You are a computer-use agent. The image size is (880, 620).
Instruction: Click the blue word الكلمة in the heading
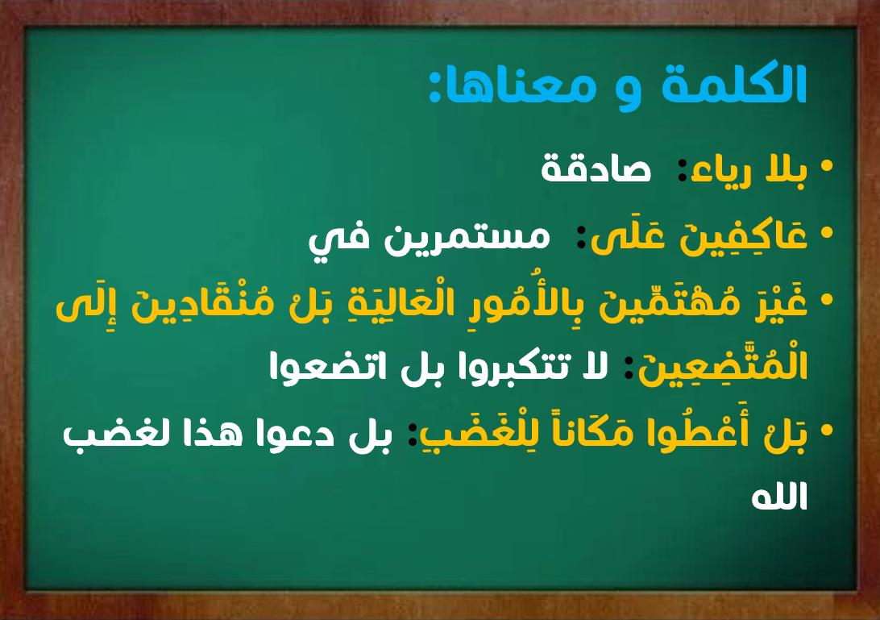click(x=734, y=84)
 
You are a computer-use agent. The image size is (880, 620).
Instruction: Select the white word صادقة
click(x=596, y=169)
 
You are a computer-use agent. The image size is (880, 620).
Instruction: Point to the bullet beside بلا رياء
click(x=827, y=166)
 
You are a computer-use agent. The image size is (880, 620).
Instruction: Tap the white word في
click(x=338, y=239)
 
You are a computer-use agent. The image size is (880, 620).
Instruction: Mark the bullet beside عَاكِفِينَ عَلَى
click(x=827, y=232)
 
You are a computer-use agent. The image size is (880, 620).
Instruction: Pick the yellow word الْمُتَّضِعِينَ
click(x=724, y=366)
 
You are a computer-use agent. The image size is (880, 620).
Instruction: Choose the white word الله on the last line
click(x=779, y=497)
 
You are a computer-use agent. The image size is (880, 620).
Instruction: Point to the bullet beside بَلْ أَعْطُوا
click(x=827, y=430)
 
